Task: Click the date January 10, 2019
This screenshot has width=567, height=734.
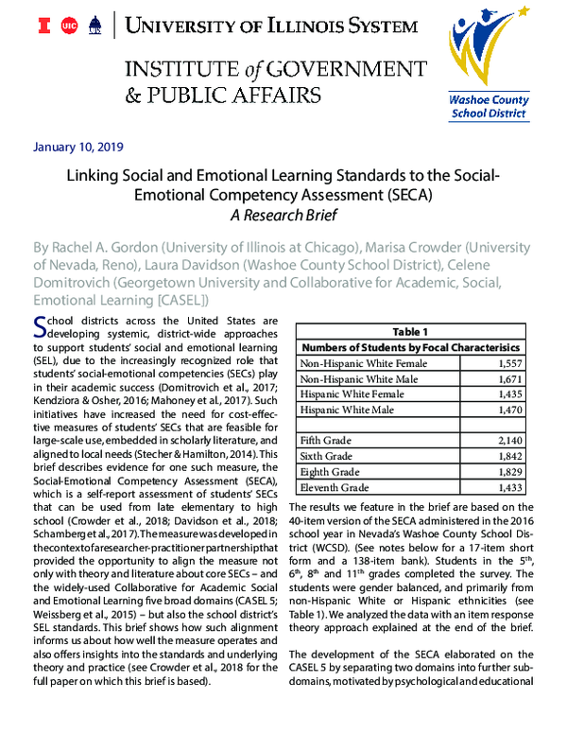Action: click(77, 147)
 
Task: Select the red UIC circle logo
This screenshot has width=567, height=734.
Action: click(67, 27)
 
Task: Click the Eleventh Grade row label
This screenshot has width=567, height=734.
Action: click(335, 486)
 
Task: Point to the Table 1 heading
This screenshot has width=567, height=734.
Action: click(410, 332)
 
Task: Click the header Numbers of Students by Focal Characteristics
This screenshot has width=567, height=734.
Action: click(409, 347)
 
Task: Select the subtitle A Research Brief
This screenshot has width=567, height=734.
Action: click(283, 215)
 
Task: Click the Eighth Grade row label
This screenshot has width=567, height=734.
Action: click(330, 471)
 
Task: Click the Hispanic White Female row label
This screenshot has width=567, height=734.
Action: click(344, 393)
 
